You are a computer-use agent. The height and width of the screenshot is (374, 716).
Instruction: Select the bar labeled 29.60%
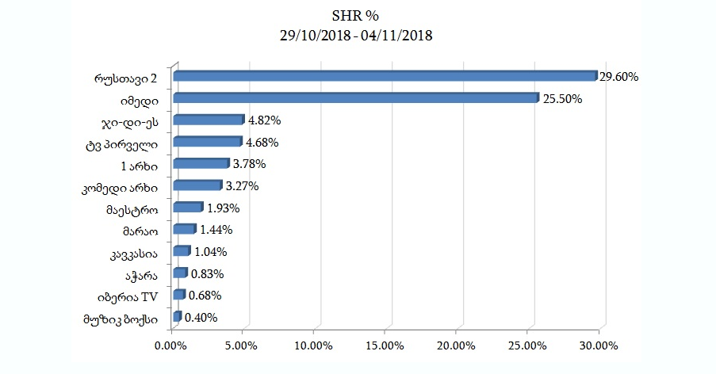point(385,76)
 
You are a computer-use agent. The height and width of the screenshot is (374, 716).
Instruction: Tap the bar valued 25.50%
point(355,98)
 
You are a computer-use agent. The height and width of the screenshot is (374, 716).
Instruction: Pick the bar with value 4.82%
point(208,120)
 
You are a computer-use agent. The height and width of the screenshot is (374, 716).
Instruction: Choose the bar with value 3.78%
point(201,164)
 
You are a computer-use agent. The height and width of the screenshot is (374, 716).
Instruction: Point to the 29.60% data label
point(619,77)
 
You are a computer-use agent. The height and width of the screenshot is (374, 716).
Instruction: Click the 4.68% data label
point(264,143)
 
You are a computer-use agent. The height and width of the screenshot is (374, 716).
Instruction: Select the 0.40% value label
point(201,318)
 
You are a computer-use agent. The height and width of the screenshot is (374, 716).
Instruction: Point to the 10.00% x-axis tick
point(314,345)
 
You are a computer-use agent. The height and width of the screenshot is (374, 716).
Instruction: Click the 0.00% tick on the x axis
point(171,345)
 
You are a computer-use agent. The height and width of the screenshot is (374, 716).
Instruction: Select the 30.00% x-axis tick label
point(600,345)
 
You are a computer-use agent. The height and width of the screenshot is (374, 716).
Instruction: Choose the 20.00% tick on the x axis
point(458,345)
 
